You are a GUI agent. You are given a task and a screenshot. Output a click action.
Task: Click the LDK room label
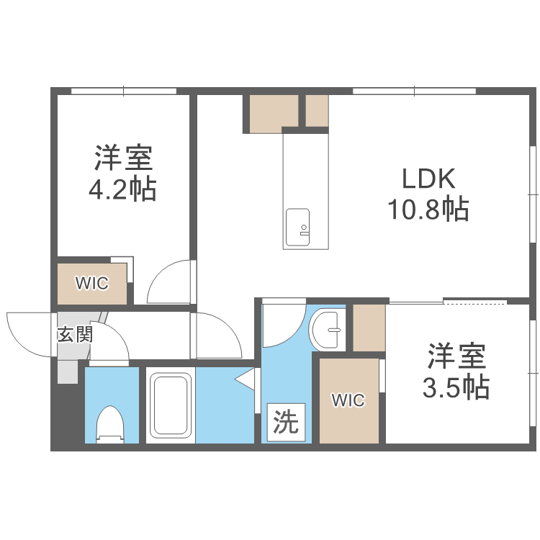click(x=428, y=179)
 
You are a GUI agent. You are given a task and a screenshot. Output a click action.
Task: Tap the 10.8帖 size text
click(x=428, y=210)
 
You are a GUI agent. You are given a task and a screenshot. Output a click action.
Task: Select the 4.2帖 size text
click(x=122, y=189)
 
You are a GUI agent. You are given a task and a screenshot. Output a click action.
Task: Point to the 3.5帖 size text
click(x=455, y=387)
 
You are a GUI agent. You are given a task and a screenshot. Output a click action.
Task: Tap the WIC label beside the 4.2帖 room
click(x=93, y=284)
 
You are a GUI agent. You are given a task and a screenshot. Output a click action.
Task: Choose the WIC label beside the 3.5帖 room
click(x=348, y=401)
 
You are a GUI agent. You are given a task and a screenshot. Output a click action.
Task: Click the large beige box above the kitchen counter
click(x=274, y=113)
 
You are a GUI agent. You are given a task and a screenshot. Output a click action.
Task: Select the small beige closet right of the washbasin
click(x=369, y=328)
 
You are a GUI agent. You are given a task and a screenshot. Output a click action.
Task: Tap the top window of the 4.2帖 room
click(x=123, y=91)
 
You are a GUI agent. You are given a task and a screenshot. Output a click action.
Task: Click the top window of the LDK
click(x=413, y=91)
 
